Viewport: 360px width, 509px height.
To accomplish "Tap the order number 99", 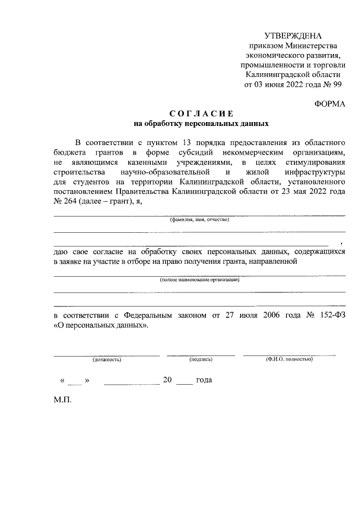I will (336, 84).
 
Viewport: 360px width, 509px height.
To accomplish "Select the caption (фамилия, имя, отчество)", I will (200, 220).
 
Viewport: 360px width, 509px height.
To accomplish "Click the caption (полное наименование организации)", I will (200, 280).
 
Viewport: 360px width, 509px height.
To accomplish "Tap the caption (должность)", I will (107, 358).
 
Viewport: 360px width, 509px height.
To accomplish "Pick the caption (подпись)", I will (201, 358).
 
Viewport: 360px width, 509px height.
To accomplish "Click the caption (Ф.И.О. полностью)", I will (289, 358).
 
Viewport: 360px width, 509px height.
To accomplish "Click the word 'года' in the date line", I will (204, 380).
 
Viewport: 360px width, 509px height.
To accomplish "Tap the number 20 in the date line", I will (167, 380).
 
